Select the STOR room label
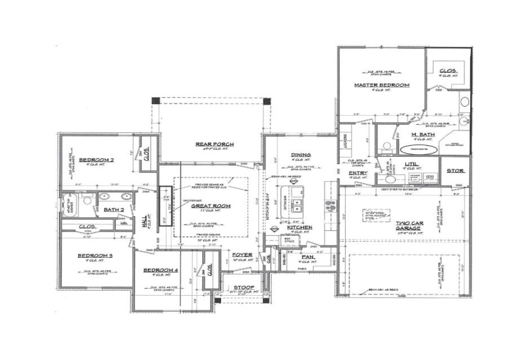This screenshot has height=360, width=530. point(455,171)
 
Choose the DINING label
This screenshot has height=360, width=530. point(301,155)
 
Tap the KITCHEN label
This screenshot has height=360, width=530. point(299,228)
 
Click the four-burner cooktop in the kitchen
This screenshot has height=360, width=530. point(330,206)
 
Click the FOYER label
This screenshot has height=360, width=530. point(242,255)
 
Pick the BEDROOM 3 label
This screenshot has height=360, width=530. point(95,256)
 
